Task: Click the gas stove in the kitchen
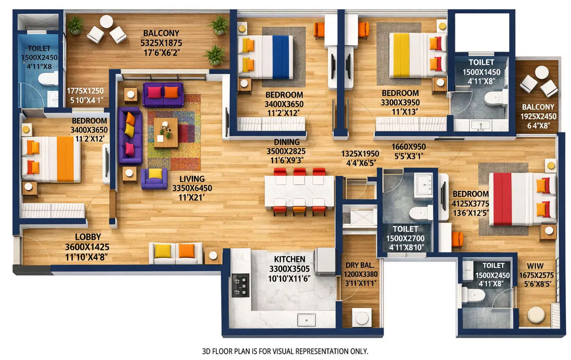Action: (241, 285)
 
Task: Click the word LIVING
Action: (192, 179)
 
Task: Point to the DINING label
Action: (287, 142)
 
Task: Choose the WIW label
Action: (535, 266)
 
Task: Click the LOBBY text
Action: (88, 237)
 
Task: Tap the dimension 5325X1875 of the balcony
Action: (161, 43)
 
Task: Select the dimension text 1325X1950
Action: (360, 154)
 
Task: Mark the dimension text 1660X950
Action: (408, 147)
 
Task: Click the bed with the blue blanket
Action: (265, 57)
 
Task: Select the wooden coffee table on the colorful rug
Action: (166, 133)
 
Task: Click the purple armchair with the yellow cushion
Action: (154, 178)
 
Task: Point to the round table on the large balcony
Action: (106, 22)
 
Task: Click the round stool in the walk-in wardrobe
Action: (536, 315)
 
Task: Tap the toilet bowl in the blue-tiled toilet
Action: (47, 79)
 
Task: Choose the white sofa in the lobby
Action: (175, 253)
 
